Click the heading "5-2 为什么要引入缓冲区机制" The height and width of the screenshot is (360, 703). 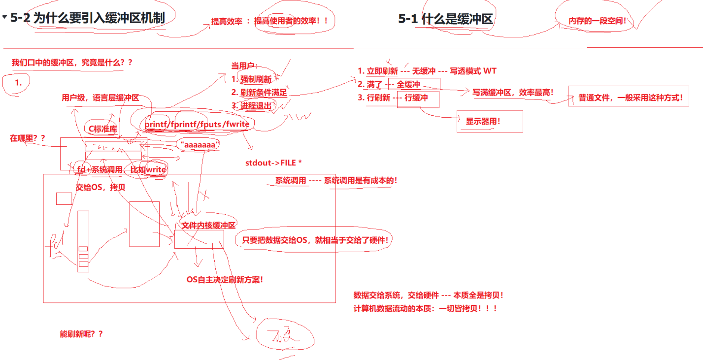(x=88, y=18)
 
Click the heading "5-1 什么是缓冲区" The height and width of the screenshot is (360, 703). (x=445, y=19)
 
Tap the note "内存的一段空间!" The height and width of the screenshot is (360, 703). (x=597, y=21)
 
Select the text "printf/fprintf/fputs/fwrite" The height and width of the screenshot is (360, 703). (x=197, y=124)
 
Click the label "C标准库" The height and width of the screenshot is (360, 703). (x=103, y=129)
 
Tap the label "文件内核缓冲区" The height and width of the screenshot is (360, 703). (x=209, y=225)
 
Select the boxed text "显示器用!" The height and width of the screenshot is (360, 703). (x=483, y=121)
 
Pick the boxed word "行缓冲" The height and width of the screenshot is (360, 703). (x=416, y=98)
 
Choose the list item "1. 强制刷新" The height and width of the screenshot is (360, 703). (x=251, y=79)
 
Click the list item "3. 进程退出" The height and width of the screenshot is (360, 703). (x=251, y=105)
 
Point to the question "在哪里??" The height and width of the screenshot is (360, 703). (x=28, y=138)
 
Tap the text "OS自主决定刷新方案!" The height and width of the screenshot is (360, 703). (x=224, y=279)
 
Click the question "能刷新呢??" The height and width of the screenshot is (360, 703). (x=81, y=334)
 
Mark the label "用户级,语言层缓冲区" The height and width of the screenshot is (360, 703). (x=100, y=98)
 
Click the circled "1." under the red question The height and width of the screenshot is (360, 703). (x=18, y=83)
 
